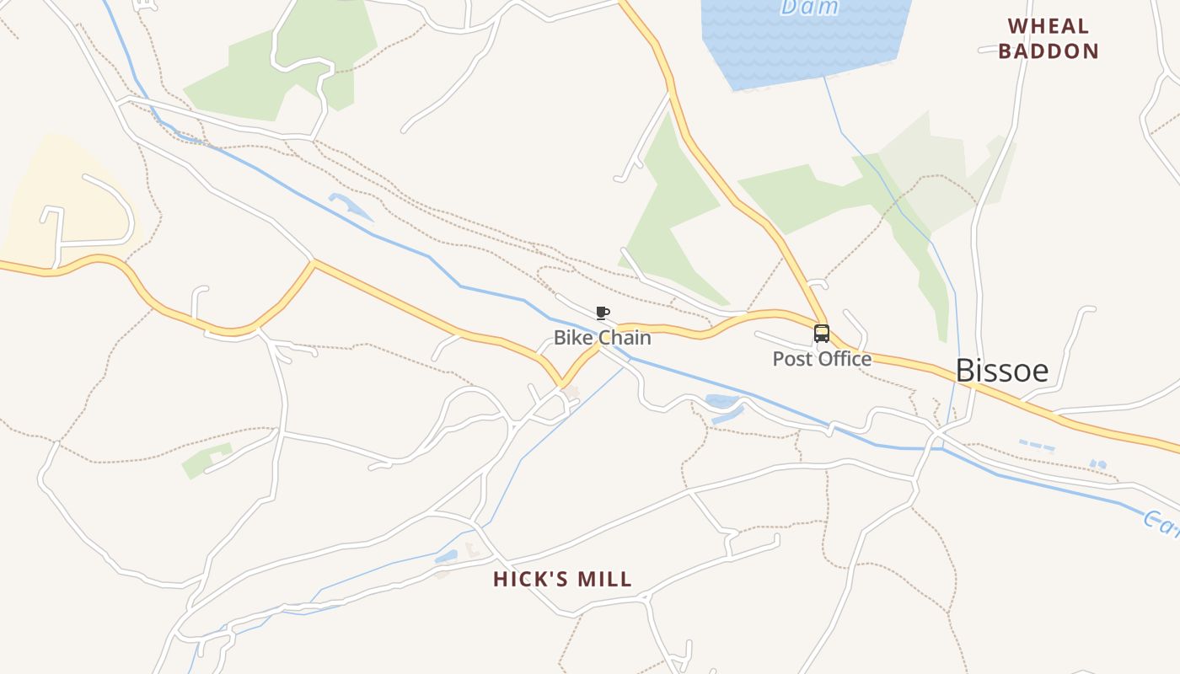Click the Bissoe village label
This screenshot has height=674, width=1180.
pos(1001,370)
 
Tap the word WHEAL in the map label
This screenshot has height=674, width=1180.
pos(1049,26)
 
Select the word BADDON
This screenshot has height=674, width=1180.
pos(1049,51)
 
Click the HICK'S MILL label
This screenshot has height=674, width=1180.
pos(562,580)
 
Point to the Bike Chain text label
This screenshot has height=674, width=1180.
pos(602,338)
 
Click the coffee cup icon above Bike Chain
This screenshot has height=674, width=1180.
pos(602,313)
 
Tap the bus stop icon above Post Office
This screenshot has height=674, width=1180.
pos(821,334)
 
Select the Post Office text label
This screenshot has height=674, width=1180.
pos(822,359)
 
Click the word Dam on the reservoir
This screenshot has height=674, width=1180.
pos(809,8)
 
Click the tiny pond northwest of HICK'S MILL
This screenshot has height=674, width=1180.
pos(447,557)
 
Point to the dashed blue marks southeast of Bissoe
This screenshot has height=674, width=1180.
pos(1037,445)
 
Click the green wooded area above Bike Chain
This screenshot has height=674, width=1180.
pos(674,211)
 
